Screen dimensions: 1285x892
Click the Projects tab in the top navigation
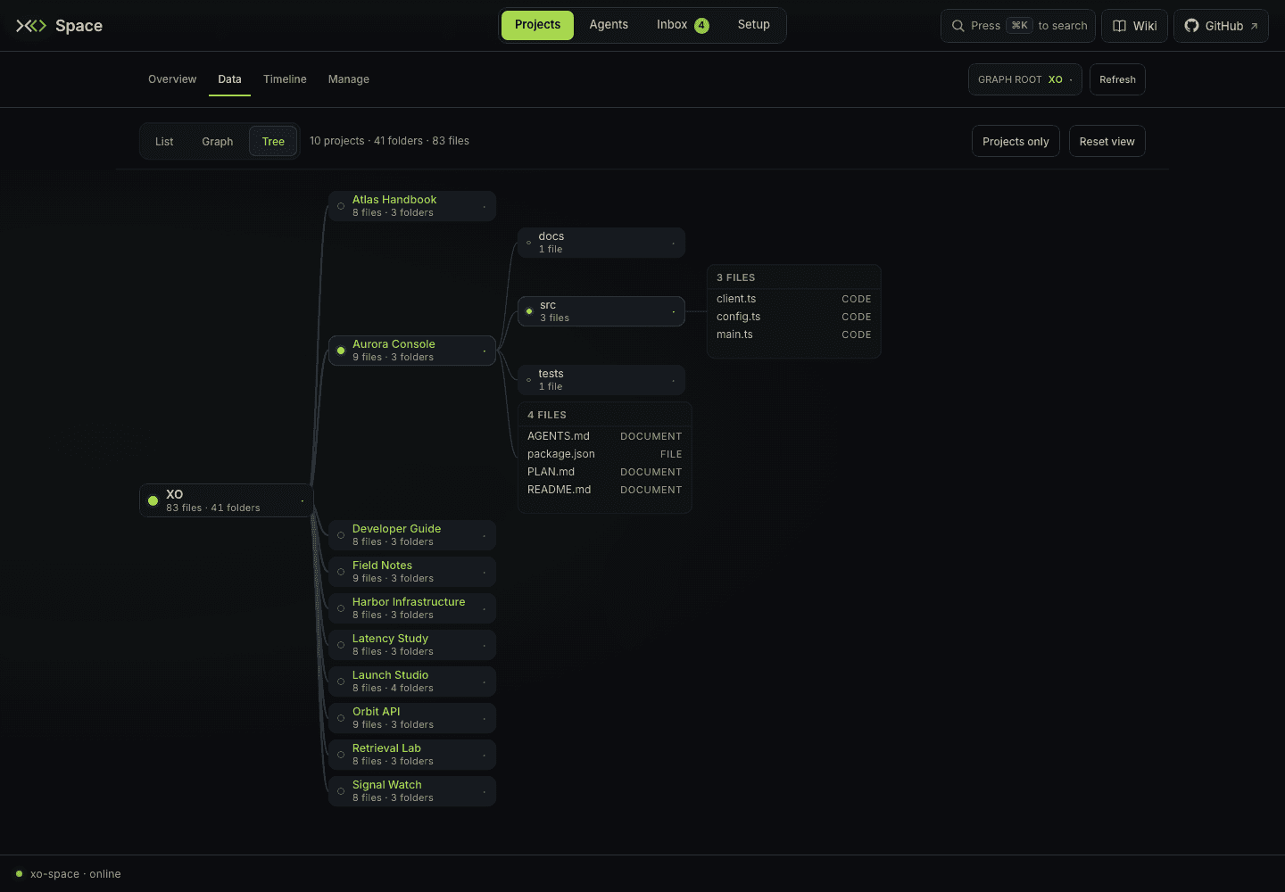click(537, 25)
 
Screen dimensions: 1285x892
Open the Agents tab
click(609, 25)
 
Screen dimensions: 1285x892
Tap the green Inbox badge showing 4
click(701, 25)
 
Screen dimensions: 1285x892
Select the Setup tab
click(753, 25)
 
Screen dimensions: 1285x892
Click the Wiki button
click(1134, 26)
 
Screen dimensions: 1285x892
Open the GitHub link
click(1221, 26)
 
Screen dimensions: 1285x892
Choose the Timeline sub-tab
click(285, 79)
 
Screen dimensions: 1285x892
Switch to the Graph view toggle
click(218, 141)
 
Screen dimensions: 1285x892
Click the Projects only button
click(1016, 141)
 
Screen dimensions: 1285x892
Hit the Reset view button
click(1107, 141)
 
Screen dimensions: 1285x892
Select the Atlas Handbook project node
click(412, 206)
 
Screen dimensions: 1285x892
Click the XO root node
click(226, 500)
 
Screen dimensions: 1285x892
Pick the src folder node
click(601, 311)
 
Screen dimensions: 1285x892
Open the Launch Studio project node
click(412, 681)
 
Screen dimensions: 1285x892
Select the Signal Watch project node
click(412, 791)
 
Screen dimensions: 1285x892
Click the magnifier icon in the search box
click(958, 26)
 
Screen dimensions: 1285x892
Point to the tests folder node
click(601, 379)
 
